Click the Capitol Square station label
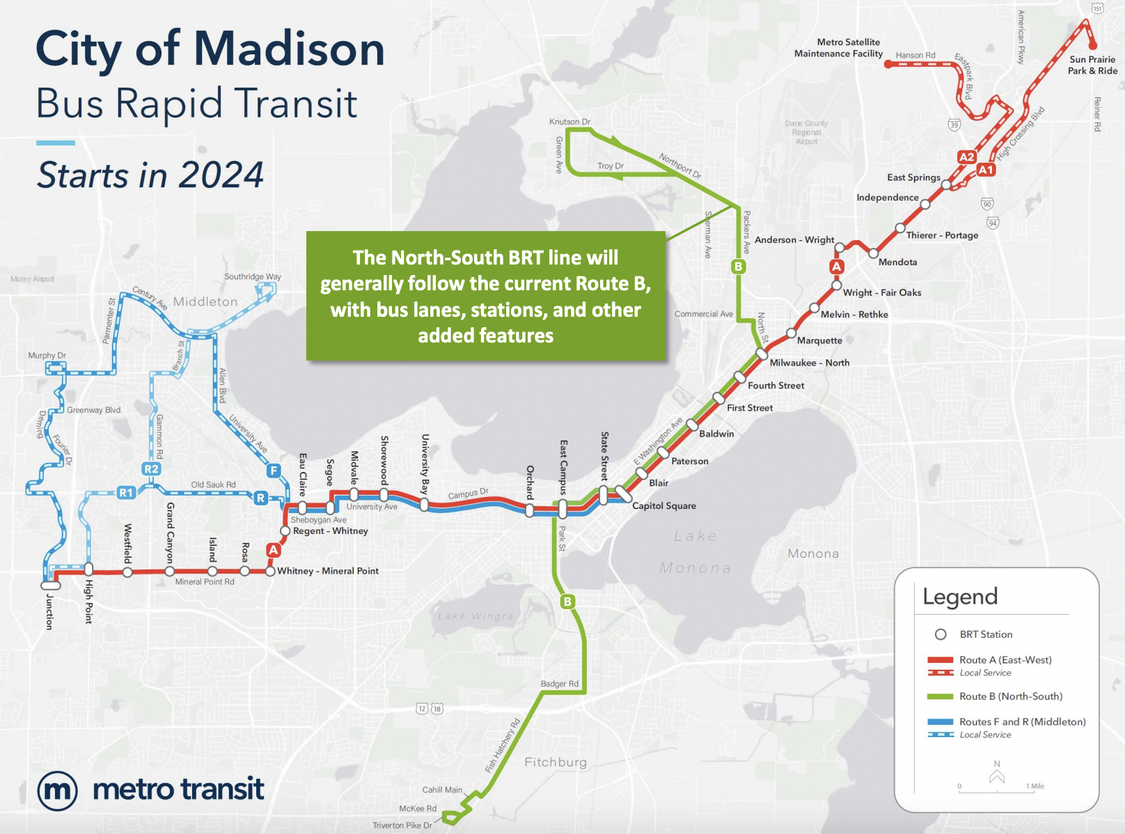[x=663, y=506]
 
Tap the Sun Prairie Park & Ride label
[x=1092, y=65]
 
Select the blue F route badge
[x=274, y=471]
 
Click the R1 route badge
[x=126, y=493]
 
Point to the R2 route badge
[x=151, y=469]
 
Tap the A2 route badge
[x=967, y=157]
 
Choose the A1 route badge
[x=986, y=170]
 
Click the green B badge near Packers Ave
[x=739, y=266]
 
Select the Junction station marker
[x=51, y=585]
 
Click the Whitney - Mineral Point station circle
[x=270, y=572]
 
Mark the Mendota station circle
[x=873, y=253]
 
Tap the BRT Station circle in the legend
[x=941, y=634]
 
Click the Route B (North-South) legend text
[x=1011, y=696]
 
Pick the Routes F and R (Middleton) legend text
[x=1022, y=722]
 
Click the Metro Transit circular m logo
[x=57, y=791]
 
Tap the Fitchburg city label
[x=556, y=762]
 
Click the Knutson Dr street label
[x=569, y=122]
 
